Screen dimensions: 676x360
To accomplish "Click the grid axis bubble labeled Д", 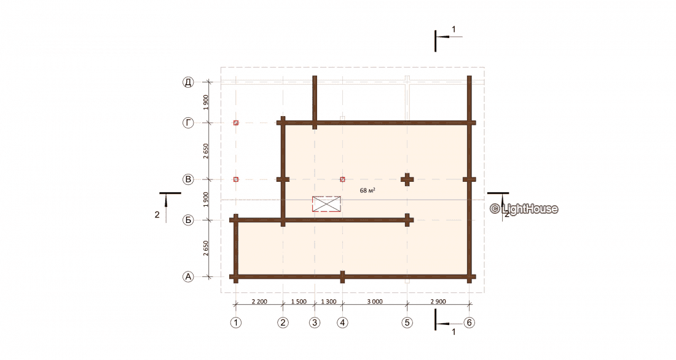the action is click(x=188, y=82).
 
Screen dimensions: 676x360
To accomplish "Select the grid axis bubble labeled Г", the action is click(x=188, y=123).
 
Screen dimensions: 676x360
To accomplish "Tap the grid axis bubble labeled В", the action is click(x=188, y=179).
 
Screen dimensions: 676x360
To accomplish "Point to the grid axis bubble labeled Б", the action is click(x=188, y=221).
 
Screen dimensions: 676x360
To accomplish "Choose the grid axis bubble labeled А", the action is click(x=188, y=277).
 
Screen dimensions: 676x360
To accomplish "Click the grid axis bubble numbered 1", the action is click(x=236, y=323).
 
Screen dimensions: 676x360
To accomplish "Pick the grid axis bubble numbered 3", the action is click(x=315, y=323).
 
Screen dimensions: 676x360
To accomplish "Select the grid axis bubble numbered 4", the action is click(x=343, y=323).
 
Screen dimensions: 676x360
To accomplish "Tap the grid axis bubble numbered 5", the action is click(x=407, y=323).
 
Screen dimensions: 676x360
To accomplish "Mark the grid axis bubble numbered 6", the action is click(x=469, y=323).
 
